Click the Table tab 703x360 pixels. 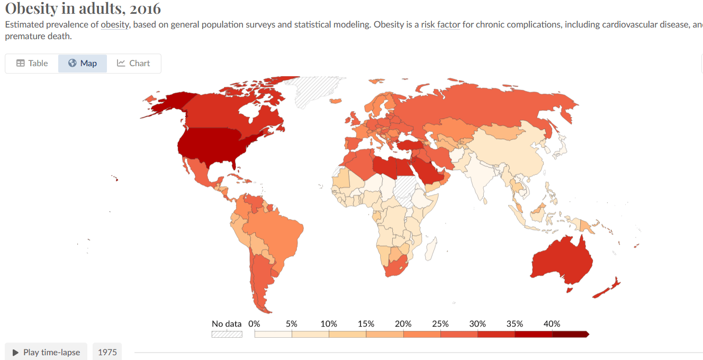pos(32,63)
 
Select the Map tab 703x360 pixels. pos(83,63)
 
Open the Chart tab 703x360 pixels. pos(133,63)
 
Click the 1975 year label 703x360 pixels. pos(107,352)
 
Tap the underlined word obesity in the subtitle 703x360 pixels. pos(115,25)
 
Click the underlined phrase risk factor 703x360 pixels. pos(440,25)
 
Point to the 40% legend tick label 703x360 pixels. pos(552,323)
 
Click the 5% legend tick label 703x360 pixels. pos(291,323)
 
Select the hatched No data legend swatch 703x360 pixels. pos(227,335)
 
